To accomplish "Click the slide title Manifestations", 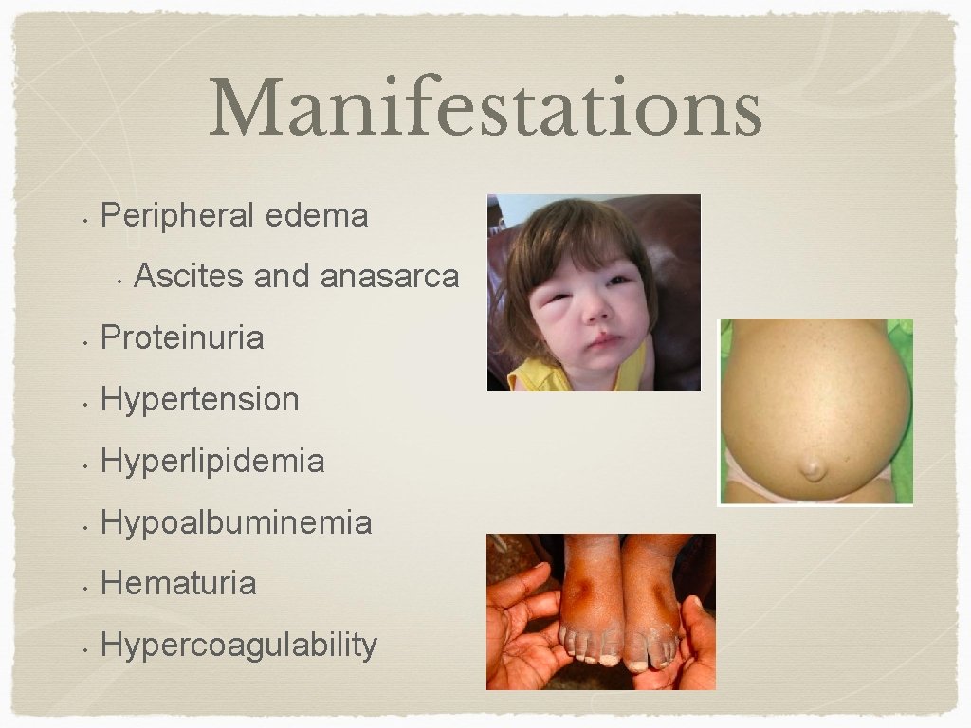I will coord(485,108).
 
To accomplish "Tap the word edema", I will coord(317,216).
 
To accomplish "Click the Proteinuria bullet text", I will coord(182,337).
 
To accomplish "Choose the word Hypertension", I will coord(199,399).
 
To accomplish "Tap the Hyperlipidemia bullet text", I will coord(212,462).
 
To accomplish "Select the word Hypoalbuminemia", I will coord(236,522).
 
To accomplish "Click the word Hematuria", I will coord(178,583).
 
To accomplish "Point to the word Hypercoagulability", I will coord(239,646).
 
